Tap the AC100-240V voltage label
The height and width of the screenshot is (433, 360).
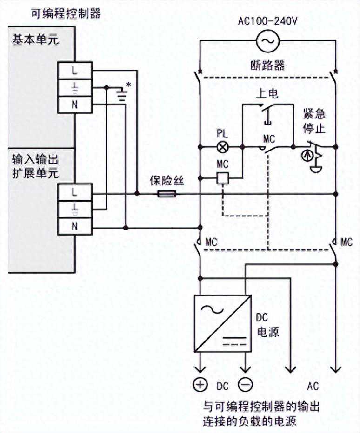pyautogui.click(x=267, y=20)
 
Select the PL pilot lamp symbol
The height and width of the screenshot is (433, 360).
pyautogui.click(x=221, y=147)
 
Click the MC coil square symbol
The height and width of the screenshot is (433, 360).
pyautogui.click(x=222, y=177)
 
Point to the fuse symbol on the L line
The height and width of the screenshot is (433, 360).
pyautogui.click(x=167, y=193)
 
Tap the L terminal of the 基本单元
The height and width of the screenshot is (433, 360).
pyautogui.click(x=75, y=71)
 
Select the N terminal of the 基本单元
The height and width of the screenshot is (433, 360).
pyautogui.click(x=75, y=104)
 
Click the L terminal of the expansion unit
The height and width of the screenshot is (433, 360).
pyautogui.click(x=75, y=190)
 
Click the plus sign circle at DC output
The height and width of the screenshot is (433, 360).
pyautogui.click(x=200, y=384)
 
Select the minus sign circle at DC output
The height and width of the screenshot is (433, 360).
pyautogui.click(x=246, y=384)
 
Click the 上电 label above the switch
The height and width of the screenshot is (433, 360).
pyautogui.click(x=267, y=94)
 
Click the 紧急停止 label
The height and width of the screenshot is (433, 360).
pyautogui.click(x=314, y=120)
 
